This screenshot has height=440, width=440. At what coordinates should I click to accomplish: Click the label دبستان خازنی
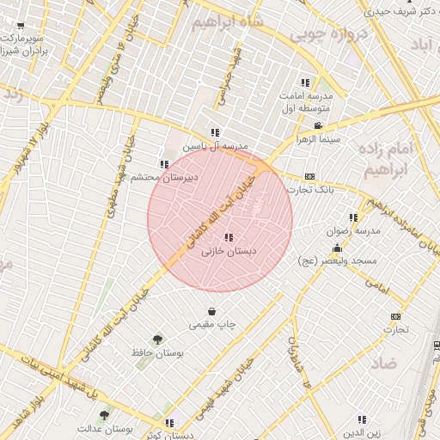(x=229, y=252)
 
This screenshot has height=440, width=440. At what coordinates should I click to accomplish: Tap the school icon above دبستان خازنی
(x=228, y=237)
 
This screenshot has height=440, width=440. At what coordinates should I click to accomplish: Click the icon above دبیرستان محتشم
(x=163, y=164)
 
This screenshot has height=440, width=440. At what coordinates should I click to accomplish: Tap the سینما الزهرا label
(x=319, y=138)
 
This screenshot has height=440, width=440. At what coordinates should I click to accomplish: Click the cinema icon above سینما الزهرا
(x=319, y=125)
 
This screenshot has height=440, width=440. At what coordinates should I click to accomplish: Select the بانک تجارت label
(x=309, y=189)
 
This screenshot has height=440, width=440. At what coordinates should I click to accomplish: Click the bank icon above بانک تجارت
(x=309, y=176)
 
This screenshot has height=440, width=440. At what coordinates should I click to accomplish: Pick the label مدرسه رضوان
(x=352, y=231)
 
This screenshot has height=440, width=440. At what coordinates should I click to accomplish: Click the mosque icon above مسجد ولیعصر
(x=337, y=247)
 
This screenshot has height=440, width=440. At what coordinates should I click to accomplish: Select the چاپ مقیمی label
(x=212, y=324)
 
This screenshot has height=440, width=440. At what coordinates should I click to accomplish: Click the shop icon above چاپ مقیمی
(x=211, y=311)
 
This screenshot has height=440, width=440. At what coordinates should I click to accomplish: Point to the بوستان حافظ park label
(x=155, y=352)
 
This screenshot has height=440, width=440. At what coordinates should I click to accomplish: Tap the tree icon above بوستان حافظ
(x=156, y=339)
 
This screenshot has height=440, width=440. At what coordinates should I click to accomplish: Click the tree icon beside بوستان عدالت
(x=104, y=415)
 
